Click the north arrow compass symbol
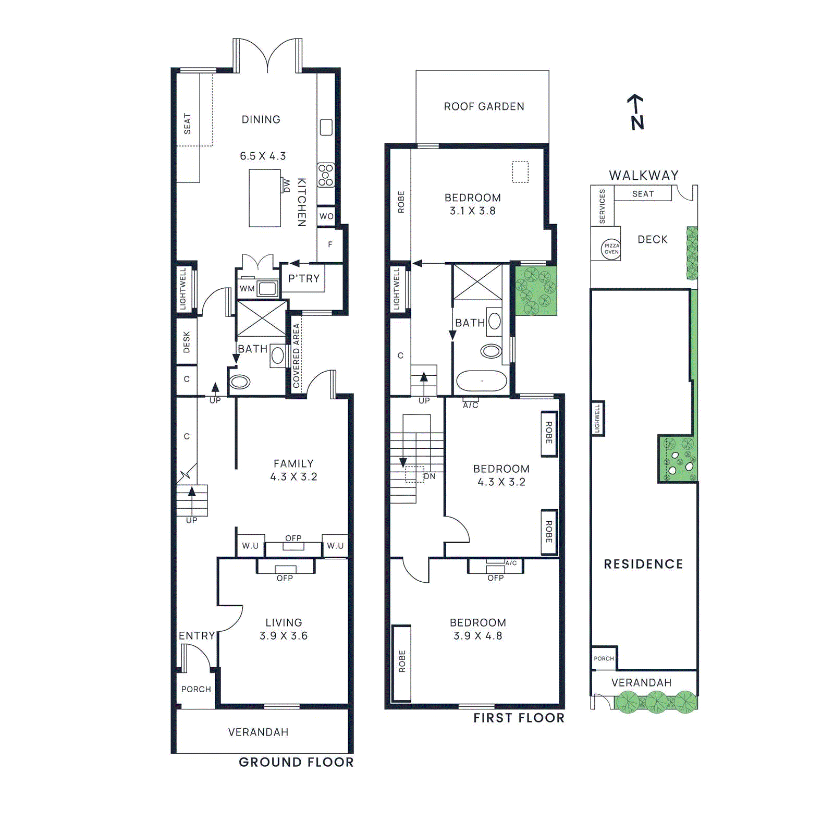click(636, 112)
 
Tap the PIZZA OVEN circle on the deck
click(611, 249)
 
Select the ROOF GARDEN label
click(484, 106)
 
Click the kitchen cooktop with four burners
click(326, 175)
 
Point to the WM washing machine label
click(247, 288)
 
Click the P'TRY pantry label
click(304, 278)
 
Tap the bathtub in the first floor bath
click(481, 381)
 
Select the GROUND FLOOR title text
click(296, 762)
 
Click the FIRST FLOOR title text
click(519, 718)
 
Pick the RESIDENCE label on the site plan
click(643, 564)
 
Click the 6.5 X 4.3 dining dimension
click(263, 156)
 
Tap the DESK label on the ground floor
click(187, 342)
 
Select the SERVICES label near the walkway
click(602, 206)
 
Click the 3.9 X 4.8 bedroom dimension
click(477, 635)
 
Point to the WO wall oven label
click(326, 216)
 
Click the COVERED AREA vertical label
click(296, 355)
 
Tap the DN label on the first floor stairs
click(429, 476)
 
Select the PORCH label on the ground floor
click(196, 689)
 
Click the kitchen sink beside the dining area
click(326, 127)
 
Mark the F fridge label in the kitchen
click(330, 244)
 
